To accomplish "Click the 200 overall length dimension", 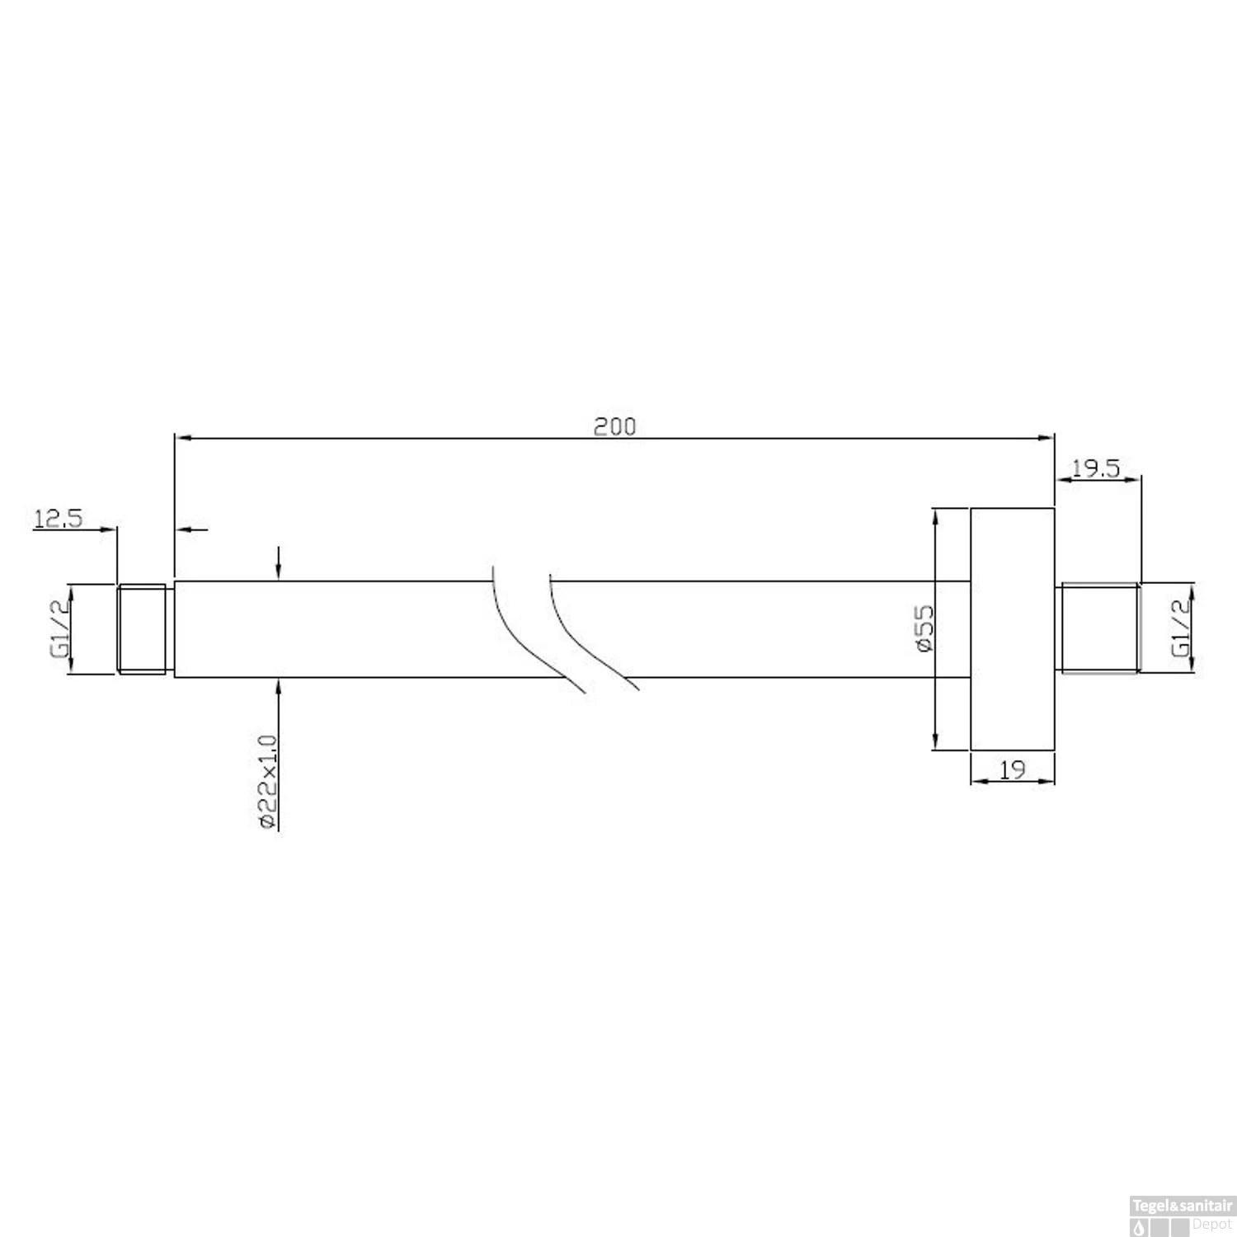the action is point(615,426).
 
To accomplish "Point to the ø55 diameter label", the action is point(925,628).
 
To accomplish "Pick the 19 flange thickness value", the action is point(1012,769).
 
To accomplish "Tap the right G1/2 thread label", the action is point(1182,628).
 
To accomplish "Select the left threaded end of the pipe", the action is point(145,629).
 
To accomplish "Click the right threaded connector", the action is point(1098,629).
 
